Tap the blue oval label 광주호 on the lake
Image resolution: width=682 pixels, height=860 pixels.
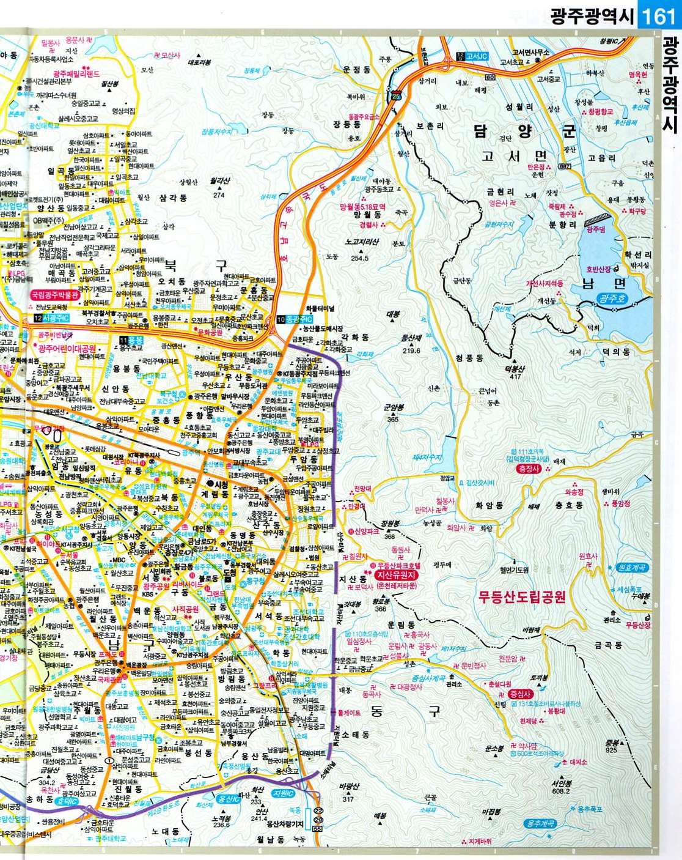pos(612,298)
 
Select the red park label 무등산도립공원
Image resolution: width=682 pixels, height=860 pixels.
pos(522,596)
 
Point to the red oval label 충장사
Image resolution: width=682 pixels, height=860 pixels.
pos(529,469)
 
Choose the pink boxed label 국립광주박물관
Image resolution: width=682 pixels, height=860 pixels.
pos(56,295)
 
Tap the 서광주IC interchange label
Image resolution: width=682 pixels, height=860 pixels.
pos(56,319)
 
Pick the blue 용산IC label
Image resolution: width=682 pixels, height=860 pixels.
pos(229,799)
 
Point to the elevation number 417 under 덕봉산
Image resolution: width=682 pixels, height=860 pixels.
pos(516,377)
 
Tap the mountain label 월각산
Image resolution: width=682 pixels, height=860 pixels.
pos(219,181)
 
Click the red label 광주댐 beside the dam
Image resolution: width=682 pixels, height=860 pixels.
pos(595,229)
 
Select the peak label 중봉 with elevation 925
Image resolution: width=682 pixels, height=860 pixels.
pos(612,743)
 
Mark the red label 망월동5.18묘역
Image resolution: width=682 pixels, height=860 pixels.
pos(363,207)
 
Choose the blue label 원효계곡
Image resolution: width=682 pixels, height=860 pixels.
pos(632,568)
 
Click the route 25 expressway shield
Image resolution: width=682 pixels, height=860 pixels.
pos(397,96)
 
